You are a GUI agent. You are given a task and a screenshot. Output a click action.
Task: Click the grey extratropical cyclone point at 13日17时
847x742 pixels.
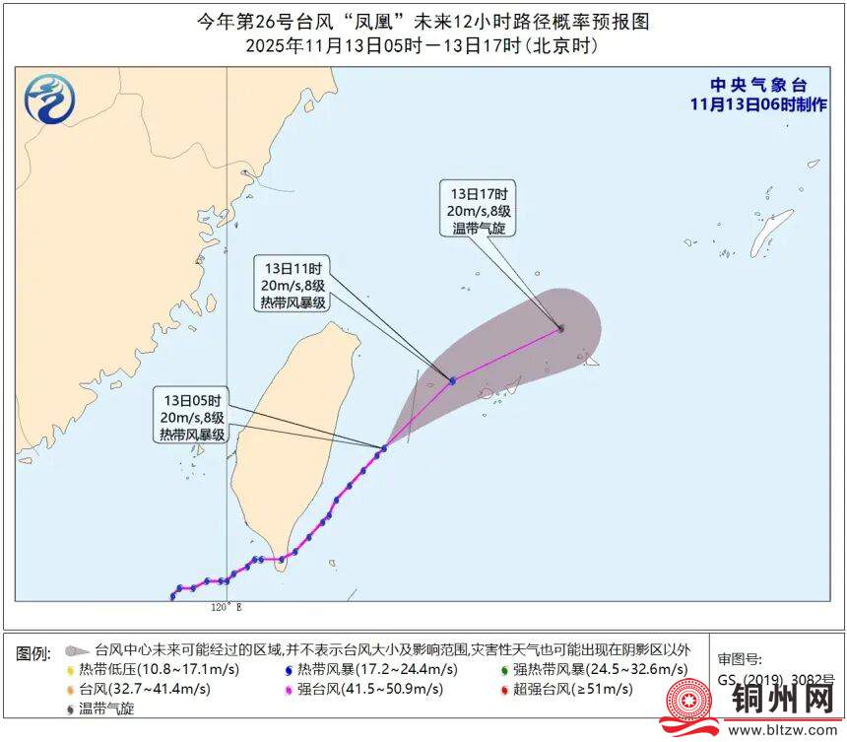[x=560, y=328]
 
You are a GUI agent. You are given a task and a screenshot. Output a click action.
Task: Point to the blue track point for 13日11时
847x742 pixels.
[x=452, y=380]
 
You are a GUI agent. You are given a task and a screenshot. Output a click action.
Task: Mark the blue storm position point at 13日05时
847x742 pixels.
[x=383, y=448]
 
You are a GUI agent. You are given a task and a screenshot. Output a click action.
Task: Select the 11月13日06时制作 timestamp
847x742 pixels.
[x=758, y=104]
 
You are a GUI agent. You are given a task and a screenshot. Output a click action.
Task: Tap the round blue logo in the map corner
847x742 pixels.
[x=47, y=100]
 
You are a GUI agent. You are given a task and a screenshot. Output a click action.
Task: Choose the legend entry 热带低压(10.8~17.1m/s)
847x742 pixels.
[x=159, y=670]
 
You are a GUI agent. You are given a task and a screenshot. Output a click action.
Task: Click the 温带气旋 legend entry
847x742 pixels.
[x=105, y=708]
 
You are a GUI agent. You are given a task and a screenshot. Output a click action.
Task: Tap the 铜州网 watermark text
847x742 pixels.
[x=784, y=701]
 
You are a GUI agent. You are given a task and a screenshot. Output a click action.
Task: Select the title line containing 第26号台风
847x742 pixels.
[x=423, y=22]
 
